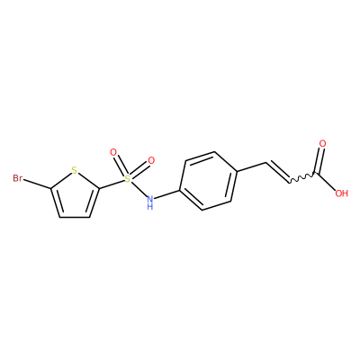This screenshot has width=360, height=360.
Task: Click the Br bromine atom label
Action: [18, 178]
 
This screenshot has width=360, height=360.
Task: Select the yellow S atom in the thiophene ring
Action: [75, 170]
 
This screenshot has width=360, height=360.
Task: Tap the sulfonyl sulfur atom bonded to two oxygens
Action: [128, 179]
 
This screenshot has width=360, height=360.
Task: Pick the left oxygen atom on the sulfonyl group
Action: [113, 152]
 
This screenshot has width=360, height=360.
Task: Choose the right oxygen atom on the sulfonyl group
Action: [151, 160]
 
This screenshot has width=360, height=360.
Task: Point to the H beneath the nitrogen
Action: [150, 206]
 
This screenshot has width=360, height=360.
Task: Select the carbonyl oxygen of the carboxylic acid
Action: [322, 143]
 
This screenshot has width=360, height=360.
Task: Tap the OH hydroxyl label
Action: [341, 193]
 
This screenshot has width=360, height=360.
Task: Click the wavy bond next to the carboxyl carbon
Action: [301, 177]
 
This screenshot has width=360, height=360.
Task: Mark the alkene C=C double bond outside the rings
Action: [277, 172]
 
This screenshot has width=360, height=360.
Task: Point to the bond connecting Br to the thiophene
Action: [37, 184]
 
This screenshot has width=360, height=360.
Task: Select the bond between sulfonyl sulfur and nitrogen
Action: [139, 189]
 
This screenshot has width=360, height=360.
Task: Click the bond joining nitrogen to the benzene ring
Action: [166, 194]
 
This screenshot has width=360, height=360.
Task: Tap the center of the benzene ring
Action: [208, 181]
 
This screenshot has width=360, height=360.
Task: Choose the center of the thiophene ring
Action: [75, 196]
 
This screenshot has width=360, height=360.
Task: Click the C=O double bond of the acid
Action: [319, 161]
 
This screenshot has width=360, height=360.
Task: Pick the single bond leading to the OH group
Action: [326, 182]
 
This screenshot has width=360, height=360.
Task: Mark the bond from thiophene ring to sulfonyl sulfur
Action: [112, 184]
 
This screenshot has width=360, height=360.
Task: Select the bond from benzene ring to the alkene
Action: [252, 167]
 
